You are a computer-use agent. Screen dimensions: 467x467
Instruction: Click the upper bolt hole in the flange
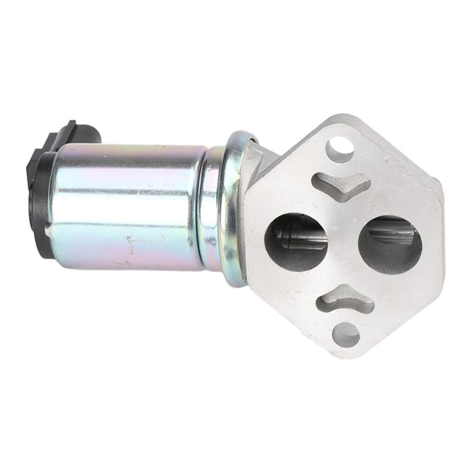(340, 148)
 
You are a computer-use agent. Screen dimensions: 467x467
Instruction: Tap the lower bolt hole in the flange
(346, 334)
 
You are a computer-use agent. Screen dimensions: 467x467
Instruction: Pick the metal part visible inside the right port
(392, 233)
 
